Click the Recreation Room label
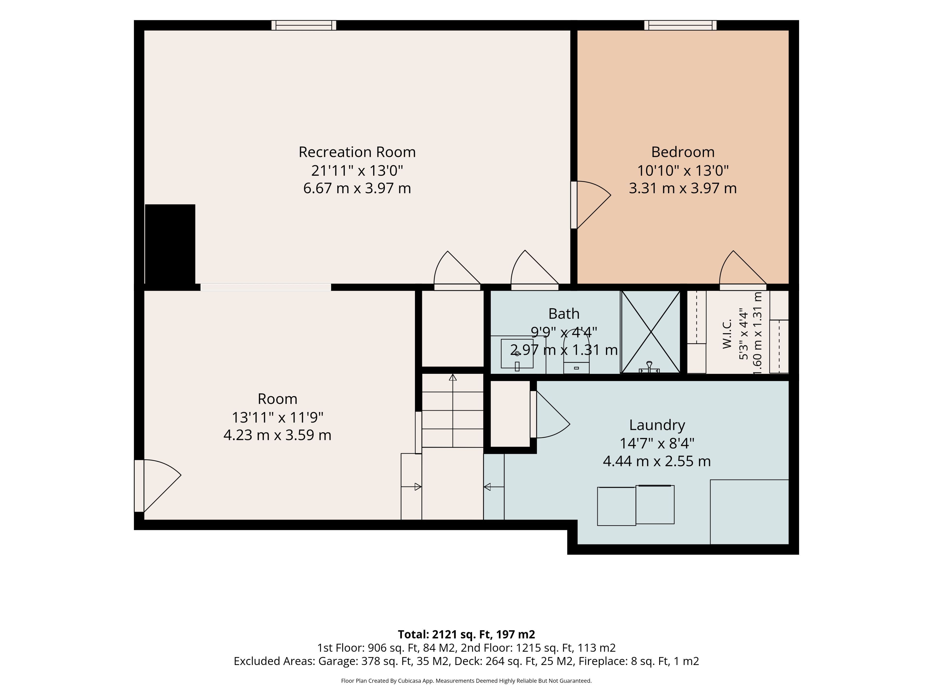click(x=357, y=152)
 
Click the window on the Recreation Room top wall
click(x=304, y=25)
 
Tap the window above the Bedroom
click(x=680, y=25)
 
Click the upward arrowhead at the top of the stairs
click(x=453, y=377)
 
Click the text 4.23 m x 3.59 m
click(x=277, y=435)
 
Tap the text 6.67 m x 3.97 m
click(x=357, y=188)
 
